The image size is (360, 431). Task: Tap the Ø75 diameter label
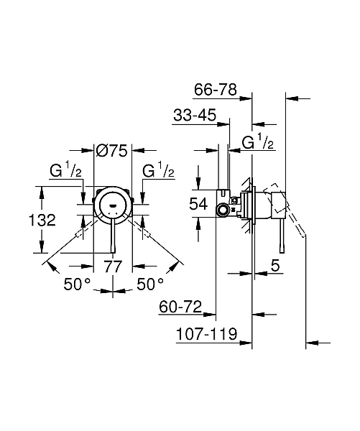111,151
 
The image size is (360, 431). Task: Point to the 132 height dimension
43,221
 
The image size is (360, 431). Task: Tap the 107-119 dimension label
204,334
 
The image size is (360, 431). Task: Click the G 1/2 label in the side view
257,142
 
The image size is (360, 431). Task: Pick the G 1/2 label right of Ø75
158,172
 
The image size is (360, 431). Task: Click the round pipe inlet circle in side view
223,210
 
